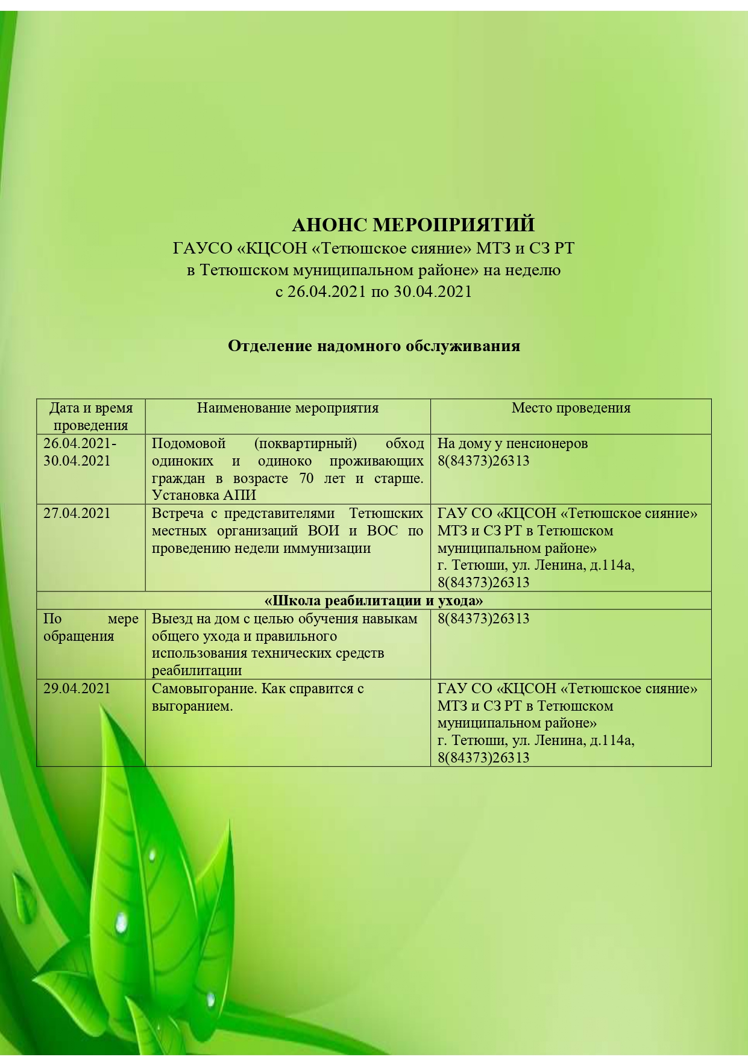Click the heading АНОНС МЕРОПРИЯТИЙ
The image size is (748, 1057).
(413, 225)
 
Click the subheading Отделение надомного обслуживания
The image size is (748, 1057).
(374, 346)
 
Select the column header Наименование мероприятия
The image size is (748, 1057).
(288, 408)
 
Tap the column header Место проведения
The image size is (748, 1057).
(571, 408)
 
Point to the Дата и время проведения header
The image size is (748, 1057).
(90, 416)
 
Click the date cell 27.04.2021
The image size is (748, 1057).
(77, 513)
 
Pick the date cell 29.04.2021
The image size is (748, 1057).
(77, 688)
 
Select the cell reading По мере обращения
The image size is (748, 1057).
(90, 628)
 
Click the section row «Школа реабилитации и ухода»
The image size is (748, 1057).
(374, 600)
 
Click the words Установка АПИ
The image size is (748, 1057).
(204, 495)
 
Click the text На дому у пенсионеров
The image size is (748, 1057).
(512, 444)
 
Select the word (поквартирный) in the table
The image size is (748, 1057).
(306, 444)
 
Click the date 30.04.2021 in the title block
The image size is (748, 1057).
(433, 292)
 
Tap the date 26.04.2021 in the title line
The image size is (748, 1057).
(326, 292)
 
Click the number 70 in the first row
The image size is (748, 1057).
(307, 478)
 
